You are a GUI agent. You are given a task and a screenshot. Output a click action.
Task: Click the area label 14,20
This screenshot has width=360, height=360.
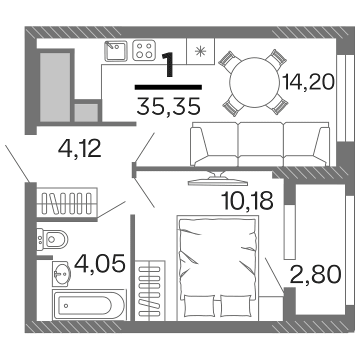pos(307,81)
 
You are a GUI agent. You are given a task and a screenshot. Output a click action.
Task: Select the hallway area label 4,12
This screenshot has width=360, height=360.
pos(79,148)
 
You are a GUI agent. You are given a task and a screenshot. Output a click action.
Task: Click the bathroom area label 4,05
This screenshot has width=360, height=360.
pos(99,263)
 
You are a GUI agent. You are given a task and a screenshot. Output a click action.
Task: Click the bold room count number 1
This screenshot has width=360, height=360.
pos(168,65)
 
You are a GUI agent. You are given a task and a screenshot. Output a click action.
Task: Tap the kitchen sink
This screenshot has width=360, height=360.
pos(115,51)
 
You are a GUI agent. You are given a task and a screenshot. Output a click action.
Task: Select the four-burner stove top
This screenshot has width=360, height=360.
pos(145,51)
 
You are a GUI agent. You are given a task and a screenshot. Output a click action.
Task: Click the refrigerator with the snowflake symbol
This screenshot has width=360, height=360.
pos(200,51)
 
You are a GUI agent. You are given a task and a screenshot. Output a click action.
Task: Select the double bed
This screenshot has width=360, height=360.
pos(218,265)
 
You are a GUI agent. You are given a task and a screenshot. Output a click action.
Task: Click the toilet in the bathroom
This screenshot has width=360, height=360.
pos(54,239)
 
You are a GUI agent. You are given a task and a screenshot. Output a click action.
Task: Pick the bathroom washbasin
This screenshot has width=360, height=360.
pos(61,273)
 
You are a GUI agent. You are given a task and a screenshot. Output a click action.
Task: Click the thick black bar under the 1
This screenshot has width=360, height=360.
pos(168,87)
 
